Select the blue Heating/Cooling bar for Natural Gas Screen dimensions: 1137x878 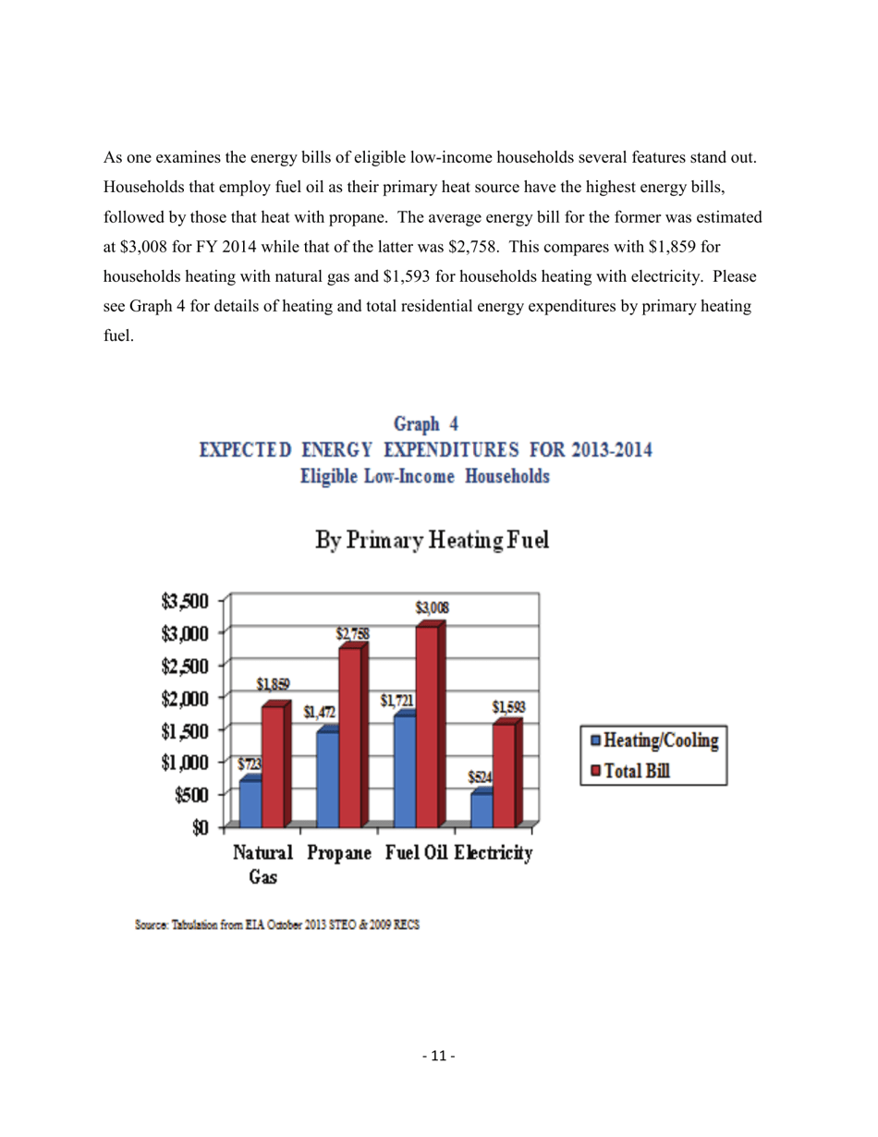coord(250,802)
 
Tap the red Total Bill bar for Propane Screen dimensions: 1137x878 coord(350,736)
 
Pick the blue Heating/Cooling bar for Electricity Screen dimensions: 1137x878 coord(482,809)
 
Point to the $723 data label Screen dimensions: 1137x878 coord(250,765)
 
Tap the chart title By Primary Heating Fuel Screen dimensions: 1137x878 coord(432,539)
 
